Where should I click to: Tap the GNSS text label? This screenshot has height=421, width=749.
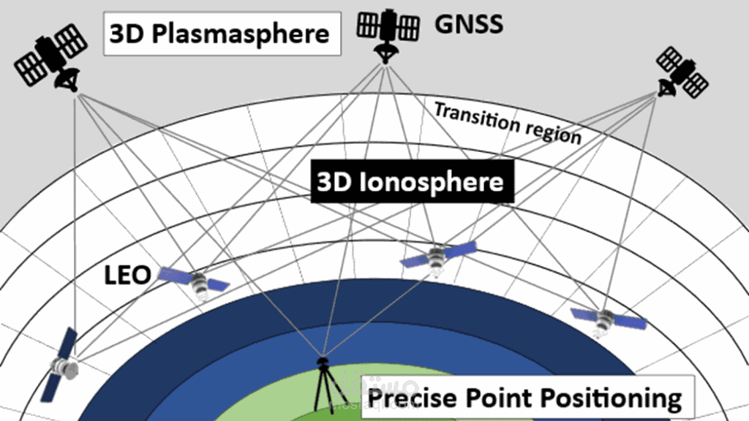pos(469,23)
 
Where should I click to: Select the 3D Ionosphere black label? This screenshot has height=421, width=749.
pos(410,182)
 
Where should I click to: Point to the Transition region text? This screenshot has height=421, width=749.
pos(508,123)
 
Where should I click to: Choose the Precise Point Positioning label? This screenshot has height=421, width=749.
pos(525,398)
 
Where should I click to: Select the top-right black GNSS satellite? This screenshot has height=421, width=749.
pos(681,72)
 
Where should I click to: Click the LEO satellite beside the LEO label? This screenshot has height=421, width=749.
pos(195,281)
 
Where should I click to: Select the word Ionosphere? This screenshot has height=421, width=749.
pos(431,182)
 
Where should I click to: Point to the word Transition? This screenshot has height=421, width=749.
pos(468,115)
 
